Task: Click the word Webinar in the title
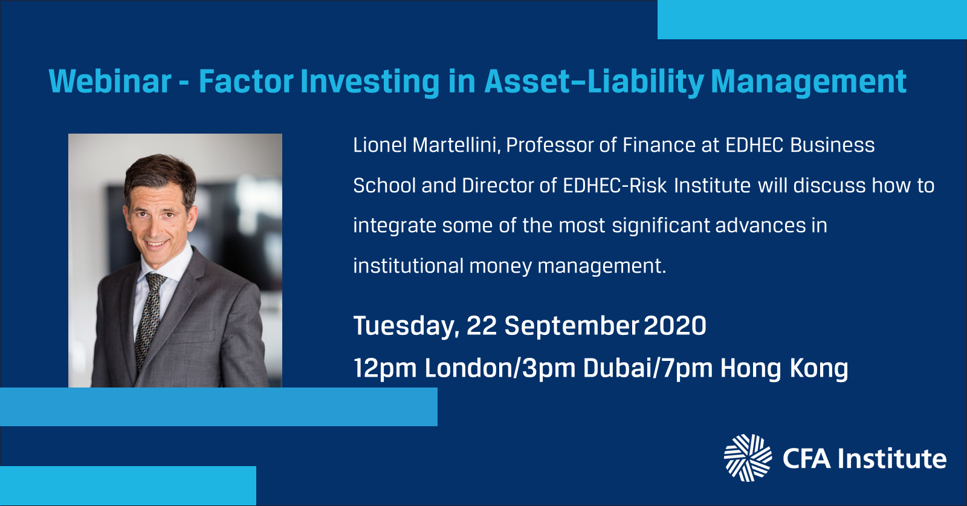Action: click(110, 81)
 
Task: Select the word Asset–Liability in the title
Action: click(594, 82)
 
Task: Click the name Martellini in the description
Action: click(456, 145)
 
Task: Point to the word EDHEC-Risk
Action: click(615, 186)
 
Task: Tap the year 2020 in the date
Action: click(674, 325)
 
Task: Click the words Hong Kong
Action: click(784, 369)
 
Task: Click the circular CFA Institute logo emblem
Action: click(748, 458)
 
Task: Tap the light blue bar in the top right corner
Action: click(812, 19)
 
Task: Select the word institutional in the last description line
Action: click(408, 266)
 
